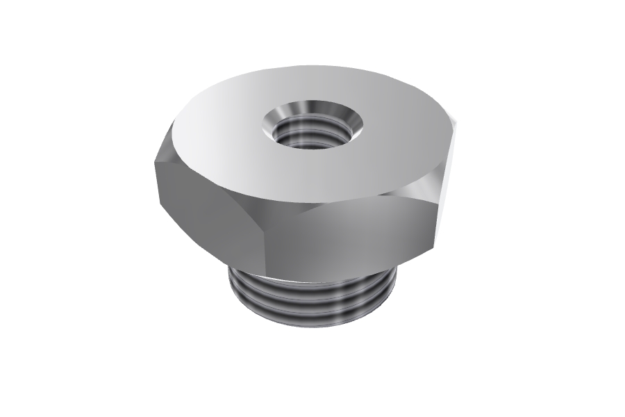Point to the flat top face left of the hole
click(x=215, y=139)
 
